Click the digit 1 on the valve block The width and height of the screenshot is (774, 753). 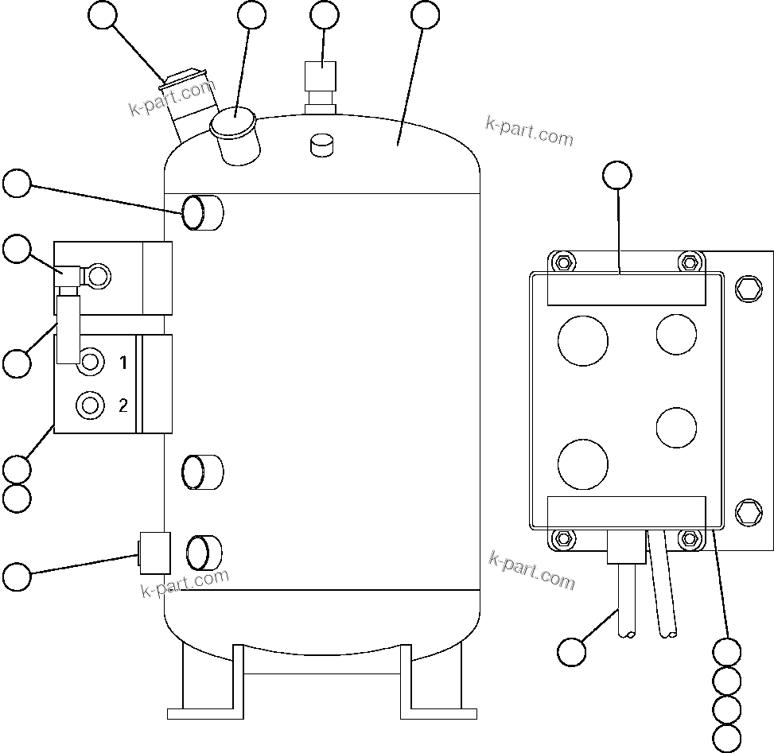pyautogui.click(x=123, y=363)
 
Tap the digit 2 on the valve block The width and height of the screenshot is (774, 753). pyautogui.click(x=123, y=406)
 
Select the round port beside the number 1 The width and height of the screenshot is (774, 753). pyautogui.click(x=91, y=363)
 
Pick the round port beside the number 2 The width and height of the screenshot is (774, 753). pyautogui.click(x=90, y=406)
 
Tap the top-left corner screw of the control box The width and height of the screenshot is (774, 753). pyautogui.click(x=563, y=262)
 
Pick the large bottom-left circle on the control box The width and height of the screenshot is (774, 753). pyautogui.click(x=583, y=464)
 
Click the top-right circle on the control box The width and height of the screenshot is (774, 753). pyautogui.click(x=676, y=334)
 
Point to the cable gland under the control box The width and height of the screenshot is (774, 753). pyautogui.click(x=627, y=548)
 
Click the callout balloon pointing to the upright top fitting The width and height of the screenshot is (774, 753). pyautogui.click(x=324, y=15)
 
